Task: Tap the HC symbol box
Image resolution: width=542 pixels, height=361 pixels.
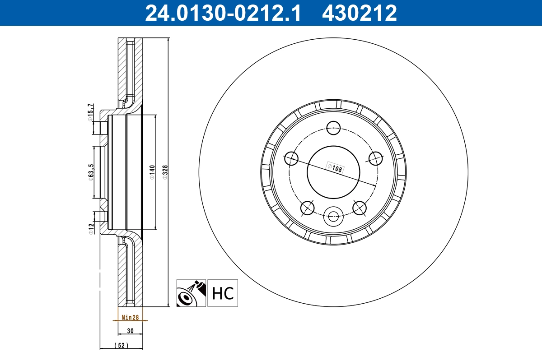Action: [223, 293]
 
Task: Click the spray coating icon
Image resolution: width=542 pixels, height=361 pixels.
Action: [191, 293]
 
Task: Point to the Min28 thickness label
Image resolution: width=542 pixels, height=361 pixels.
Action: [130, 318]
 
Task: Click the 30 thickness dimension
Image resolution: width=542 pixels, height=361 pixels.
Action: [130, 331]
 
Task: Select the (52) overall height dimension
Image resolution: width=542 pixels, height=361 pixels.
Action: [121, 346]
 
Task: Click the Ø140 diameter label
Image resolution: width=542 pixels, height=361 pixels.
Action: [152, 173]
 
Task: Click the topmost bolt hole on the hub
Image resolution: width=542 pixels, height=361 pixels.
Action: [334, 128]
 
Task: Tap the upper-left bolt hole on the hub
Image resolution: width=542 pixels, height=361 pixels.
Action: [292, 158]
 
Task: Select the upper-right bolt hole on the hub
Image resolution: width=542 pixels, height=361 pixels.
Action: [375, 158]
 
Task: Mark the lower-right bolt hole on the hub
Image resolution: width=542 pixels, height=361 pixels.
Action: [360, 208]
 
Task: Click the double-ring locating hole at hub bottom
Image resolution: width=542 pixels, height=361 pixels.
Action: [334, 217]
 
